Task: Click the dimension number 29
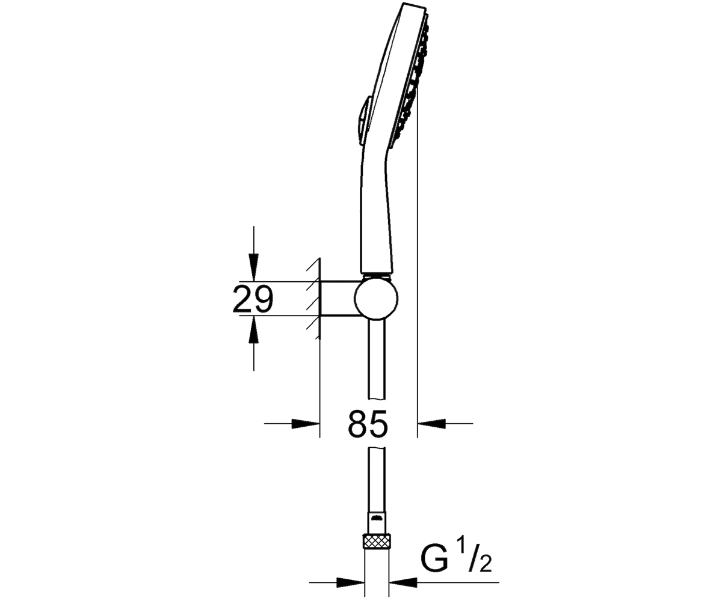pos(253,299)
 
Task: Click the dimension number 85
pos(368,424)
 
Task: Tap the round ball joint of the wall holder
pos(376,299)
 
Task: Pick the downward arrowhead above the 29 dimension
pos(254,267)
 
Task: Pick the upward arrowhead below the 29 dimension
pos(254,329)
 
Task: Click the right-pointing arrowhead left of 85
pos(306,424)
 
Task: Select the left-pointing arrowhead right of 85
pos(431,424)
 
